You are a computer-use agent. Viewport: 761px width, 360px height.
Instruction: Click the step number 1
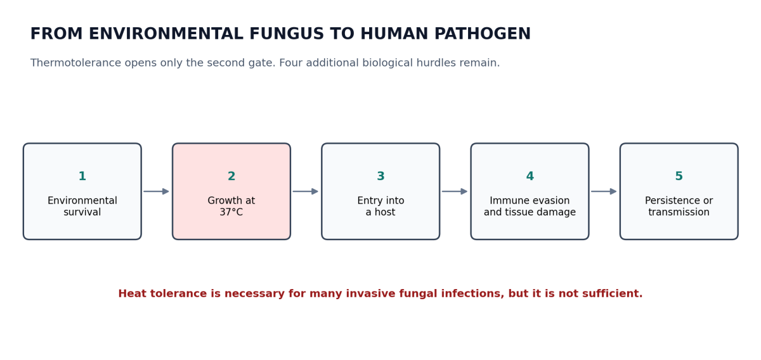[82, 176]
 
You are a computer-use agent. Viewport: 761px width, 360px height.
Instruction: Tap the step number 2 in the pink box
[231, 176]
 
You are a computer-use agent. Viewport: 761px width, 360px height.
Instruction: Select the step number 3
[380, 176]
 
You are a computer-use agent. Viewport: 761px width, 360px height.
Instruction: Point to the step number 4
[530, 176]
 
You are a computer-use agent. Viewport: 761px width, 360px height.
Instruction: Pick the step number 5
[679, 176]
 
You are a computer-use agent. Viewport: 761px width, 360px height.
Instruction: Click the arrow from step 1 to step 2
[156, 191]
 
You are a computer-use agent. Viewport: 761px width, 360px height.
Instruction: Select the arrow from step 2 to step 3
[306, 191]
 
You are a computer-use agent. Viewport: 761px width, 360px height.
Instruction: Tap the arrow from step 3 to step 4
[455, 191]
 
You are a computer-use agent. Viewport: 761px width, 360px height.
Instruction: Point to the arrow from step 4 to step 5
[604, 191]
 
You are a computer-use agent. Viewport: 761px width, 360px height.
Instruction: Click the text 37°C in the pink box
[231, 212]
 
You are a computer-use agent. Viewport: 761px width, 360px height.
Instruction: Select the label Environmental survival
[82, 206]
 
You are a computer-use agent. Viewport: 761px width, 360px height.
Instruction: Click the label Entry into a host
[380, 206]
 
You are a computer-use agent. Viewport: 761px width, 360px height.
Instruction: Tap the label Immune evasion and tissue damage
[530, 206]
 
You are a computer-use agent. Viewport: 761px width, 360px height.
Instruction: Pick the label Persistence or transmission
[679, 206]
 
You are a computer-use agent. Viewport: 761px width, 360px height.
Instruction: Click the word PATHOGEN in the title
[483, 34]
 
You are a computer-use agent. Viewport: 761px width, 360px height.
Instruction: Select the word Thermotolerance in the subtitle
[75, 63]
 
